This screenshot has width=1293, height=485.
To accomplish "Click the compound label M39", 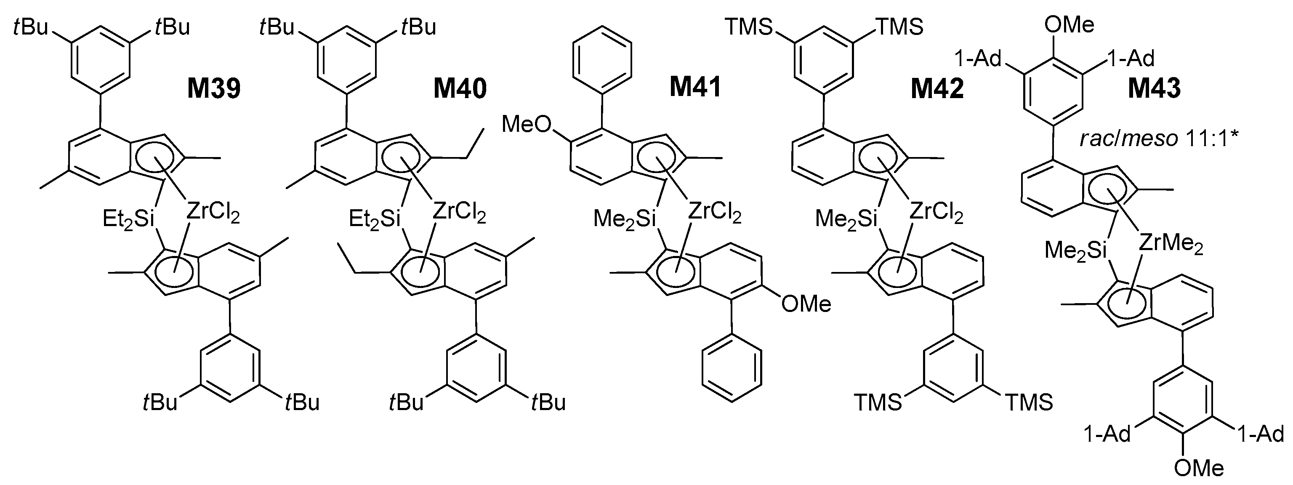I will point(214,89).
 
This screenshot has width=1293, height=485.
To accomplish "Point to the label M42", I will point(937,89).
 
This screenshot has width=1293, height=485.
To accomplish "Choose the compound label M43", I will point(1154,89).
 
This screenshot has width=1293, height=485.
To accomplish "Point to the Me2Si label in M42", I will point(846,219).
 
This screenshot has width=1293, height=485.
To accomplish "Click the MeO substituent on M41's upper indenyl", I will point(527,124).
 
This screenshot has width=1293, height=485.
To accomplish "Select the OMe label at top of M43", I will point(1069,24).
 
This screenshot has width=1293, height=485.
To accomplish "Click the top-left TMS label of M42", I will point(748,27).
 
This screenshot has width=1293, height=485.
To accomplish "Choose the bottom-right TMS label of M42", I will point(1029,402).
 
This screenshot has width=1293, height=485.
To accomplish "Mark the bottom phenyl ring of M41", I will point(732,368).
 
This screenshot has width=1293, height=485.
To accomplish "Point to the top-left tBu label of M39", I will point(31,27).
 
